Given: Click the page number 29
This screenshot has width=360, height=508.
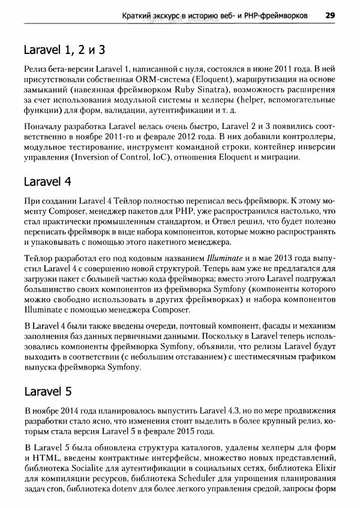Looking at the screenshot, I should point(329,14).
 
